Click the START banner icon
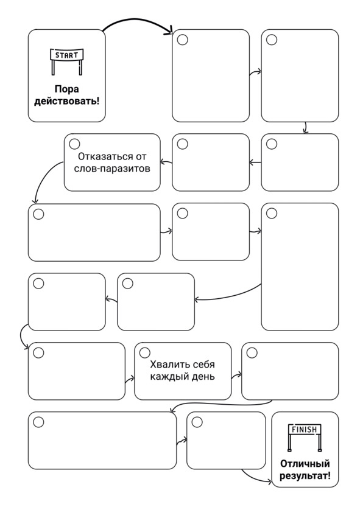pos(66,61)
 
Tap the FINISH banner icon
pos(305,437)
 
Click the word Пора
pos(66,89)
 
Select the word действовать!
pos(66,101)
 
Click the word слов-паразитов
pos(112,169)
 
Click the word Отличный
pos(305,464)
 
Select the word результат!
pos(305,475)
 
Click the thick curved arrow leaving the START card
pos(138,21)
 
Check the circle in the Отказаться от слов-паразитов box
pos(74,144)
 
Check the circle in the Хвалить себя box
pos(144,352)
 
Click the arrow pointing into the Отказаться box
pos(166,162)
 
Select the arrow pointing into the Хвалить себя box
pos(130,379)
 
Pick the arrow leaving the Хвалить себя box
pos(236,376)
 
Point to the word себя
pos(203,365)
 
